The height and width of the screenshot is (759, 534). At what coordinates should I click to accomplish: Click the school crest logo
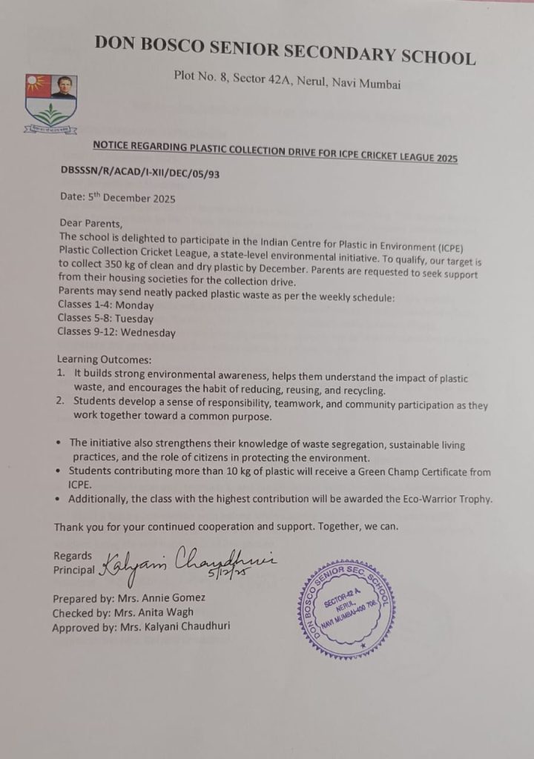(50, 103)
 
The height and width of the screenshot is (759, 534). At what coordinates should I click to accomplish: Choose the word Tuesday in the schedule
(135, 319)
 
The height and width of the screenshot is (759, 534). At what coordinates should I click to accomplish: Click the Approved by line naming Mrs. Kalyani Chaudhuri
(141, 626)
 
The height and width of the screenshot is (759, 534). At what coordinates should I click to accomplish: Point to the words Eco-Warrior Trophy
(446, 499)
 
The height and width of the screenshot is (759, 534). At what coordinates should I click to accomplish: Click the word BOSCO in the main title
(168, 45)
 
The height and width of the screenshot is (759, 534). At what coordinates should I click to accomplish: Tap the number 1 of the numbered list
(61, 377)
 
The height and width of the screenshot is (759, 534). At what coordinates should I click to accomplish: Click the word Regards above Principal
(73, 555)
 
